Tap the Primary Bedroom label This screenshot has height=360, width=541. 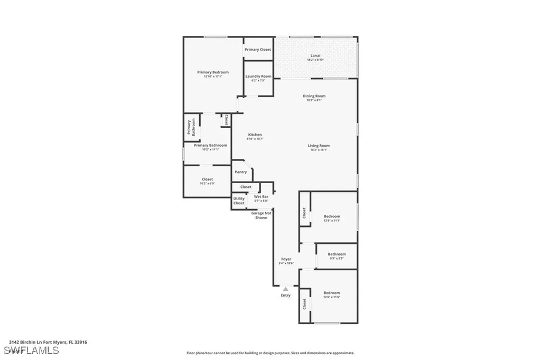click(213, 72)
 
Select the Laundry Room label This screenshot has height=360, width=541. click(258, 77)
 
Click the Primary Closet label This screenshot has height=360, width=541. click(258, 50)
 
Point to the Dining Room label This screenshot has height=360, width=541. click(314, 96)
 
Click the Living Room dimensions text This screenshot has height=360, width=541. click(319, 150)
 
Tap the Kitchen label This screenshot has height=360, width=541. click(255, 135)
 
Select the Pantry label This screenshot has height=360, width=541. click(241, 172)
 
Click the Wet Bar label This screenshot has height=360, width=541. click(261, 196)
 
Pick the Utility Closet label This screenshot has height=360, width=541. click(239, 201)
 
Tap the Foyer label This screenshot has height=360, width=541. click(286, 259)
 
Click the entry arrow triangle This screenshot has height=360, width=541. click(286, 289)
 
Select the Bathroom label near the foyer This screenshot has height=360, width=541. click(337, 254)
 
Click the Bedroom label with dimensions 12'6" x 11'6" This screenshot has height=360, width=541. click(332, 293)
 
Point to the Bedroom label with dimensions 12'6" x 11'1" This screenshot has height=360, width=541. click(332, 216)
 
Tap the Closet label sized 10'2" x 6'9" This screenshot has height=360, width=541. click(207, 179)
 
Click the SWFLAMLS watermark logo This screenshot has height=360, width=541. click(31, 350)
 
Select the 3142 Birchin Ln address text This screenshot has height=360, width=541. click(48, 342)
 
